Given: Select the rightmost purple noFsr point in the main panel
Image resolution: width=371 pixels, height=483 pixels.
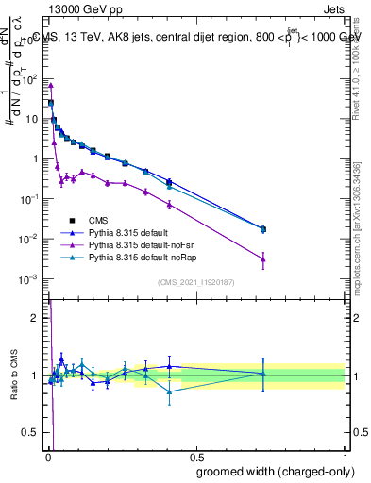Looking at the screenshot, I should (x=263, y=258).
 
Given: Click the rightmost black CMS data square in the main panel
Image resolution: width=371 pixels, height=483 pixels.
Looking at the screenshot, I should (x=263, y=228).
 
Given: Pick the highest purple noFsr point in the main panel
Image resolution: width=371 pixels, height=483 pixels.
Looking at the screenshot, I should (x=50, y=86).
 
